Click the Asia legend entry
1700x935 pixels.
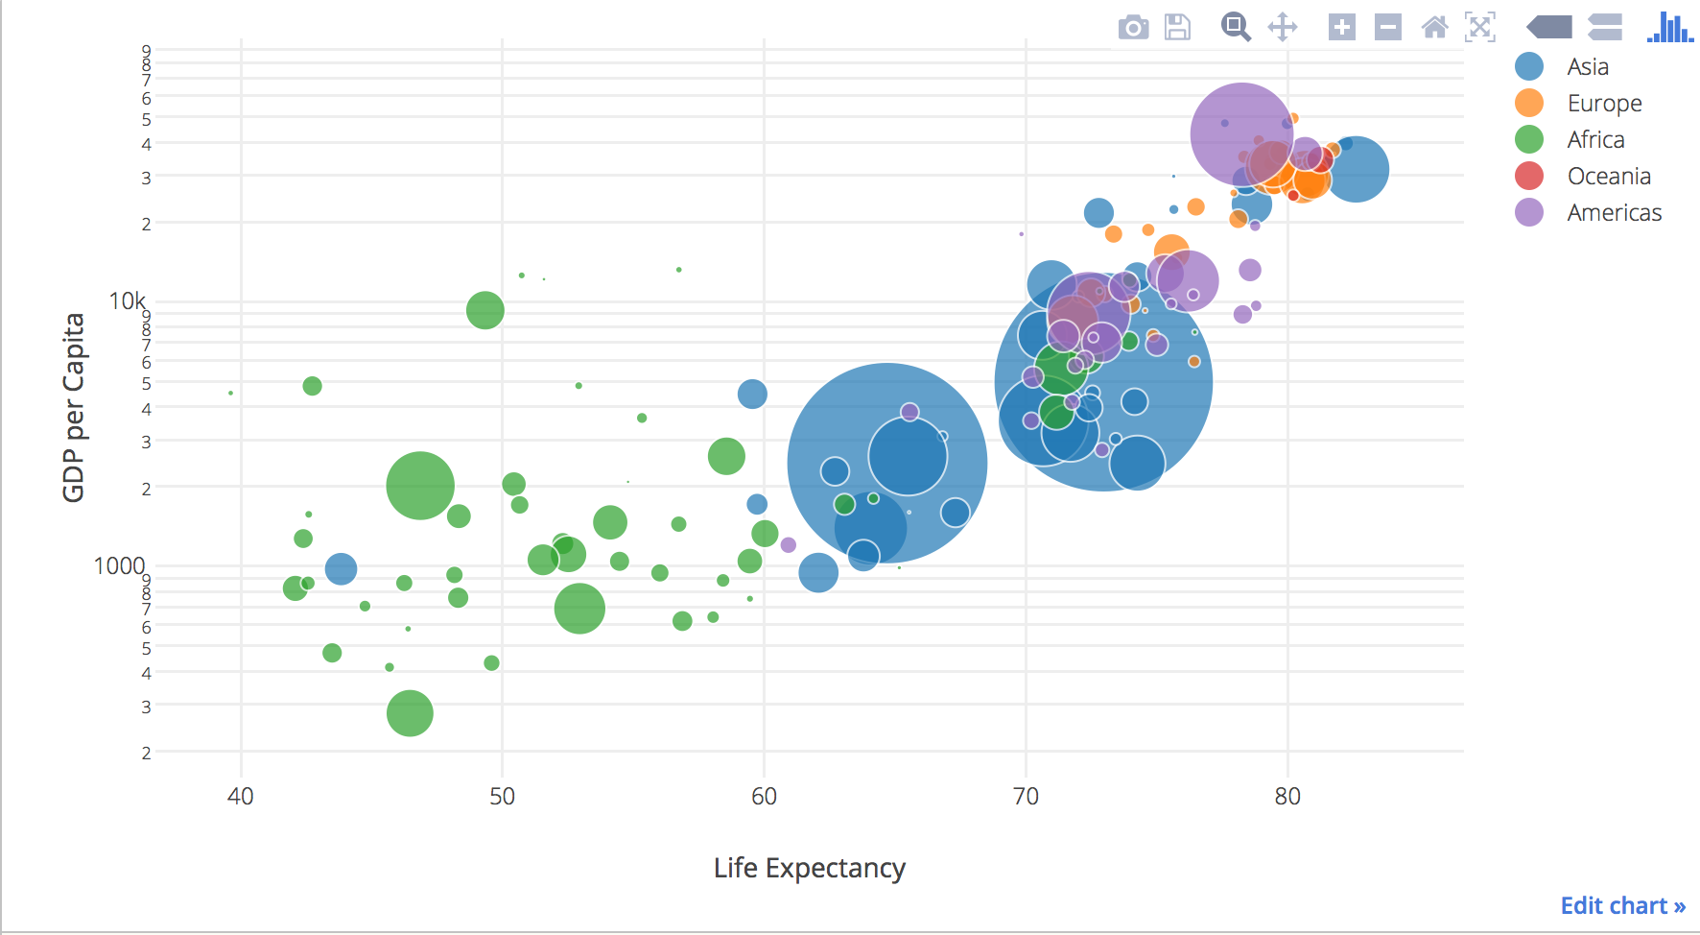1587,66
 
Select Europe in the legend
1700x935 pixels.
1604,103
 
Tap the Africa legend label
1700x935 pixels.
1595,139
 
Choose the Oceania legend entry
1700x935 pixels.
1608,176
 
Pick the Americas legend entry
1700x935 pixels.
1614,212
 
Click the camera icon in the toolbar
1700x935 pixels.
1133,28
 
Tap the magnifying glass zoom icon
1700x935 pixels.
1235,27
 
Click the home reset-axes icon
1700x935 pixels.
1434,27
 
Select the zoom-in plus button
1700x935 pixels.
1341,27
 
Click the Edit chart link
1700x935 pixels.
1622,905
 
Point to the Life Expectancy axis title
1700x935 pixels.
809,868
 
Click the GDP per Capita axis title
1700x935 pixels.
74,407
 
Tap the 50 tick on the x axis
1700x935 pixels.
502,796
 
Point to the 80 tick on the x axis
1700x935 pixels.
1287,796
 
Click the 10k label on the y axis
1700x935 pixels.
127,301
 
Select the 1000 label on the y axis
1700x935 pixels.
119,565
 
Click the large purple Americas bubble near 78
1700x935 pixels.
1241,133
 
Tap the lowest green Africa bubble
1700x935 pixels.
410,713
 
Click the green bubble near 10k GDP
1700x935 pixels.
485,310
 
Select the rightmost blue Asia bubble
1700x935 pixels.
1355,170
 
